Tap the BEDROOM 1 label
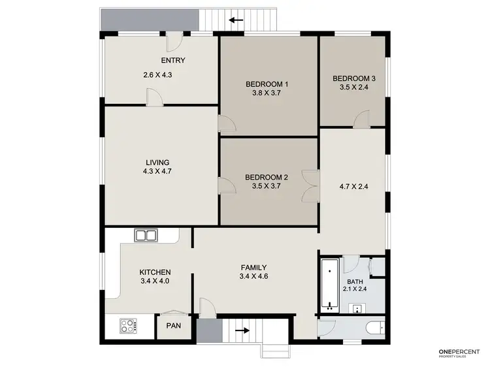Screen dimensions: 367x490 pos(267,84)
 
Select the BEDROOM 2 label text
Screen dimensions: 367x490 pos(266,177)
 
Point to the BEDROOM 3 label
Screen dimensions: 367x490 pos(353,78)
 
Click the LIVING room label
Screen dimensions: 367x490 pos(157,163)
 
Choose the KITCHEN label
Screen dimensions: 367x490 pos(155,272)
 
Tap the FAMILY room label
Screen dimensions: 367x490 pos(253,267)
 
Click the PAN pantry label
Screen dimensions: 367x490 pos(173,325)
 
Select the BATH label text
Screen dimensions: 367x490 pos(355,282)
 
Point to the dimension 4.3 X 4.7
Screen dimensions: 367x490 pos(157,172)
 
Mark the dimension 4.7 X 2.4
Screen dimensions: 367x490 pos(353,185)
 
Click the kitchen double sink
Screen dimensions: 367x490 pos(144,235)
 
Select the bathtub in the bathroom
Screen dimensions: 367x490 pos(329,284)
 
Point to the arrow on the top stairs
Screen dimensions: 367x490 pos(236,20)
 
